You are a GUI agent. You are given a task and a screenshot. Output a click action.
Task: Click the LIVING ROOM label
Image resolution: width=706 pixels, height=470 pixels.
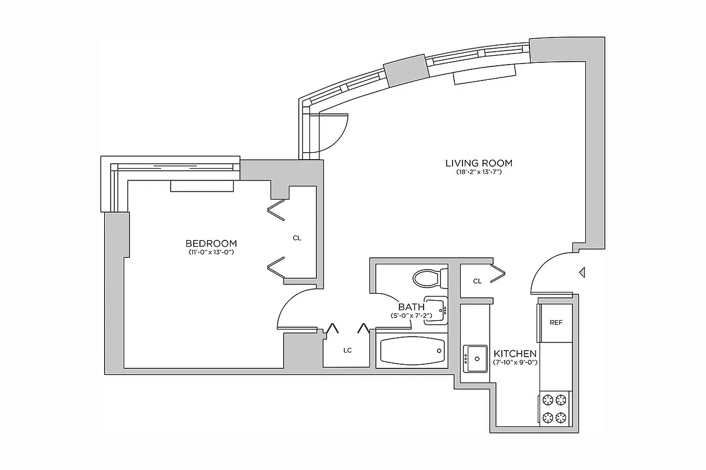478,163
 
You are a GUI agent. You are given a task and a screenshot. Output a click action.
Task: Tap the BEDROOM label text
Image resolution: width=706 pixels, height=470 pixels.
211,243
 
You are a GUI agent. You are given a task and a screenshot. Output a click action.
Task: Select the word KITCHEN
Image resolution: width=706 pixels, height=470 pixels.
515,354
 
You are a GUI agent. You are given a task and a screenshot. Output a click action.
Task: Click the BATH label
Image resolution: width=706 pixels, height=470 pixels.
411,307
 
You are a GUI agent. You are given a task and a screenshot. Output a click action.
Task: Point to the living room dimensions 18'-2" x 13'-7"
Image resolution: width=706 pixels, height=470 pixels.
478,173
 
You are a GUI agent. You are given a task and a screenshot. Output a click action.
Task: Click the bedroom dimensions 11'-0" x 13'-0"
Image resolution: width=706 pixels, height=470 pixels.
211,252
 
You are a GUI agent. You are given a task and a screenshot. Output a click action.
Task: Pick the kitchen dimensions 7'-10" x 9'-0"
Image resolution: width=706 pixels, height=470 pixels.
515,362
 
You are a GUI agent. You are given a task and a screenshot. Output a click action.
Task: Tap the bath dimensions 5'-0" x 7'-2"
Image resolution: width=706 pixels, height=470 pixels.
411,315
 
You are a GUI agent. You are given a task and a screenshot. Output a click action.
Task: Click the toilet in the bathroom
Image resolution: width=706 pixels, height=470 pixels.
429,277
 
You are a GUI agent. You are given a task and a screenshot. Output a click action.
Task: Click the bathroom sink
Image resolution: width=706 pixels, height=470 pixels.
436,309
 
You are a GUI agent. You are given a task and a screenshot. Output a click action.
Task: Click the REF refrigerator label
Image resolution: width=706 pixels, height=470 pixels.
556,323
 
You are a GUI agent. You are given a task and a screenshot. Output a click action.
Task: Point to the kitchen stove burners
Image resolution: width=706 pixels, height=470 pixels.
555,409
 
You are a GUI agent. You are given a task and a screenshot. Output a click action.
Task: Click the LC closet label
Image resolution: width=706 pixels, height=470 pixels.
348,350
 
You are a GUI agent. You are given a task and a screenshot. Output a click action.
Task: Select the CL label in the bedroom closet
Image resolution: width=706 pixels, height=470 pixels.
297,238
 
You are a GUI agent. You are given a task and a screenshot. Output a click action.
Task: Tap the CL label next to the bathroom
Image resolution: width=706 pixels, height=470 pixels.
478,281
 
